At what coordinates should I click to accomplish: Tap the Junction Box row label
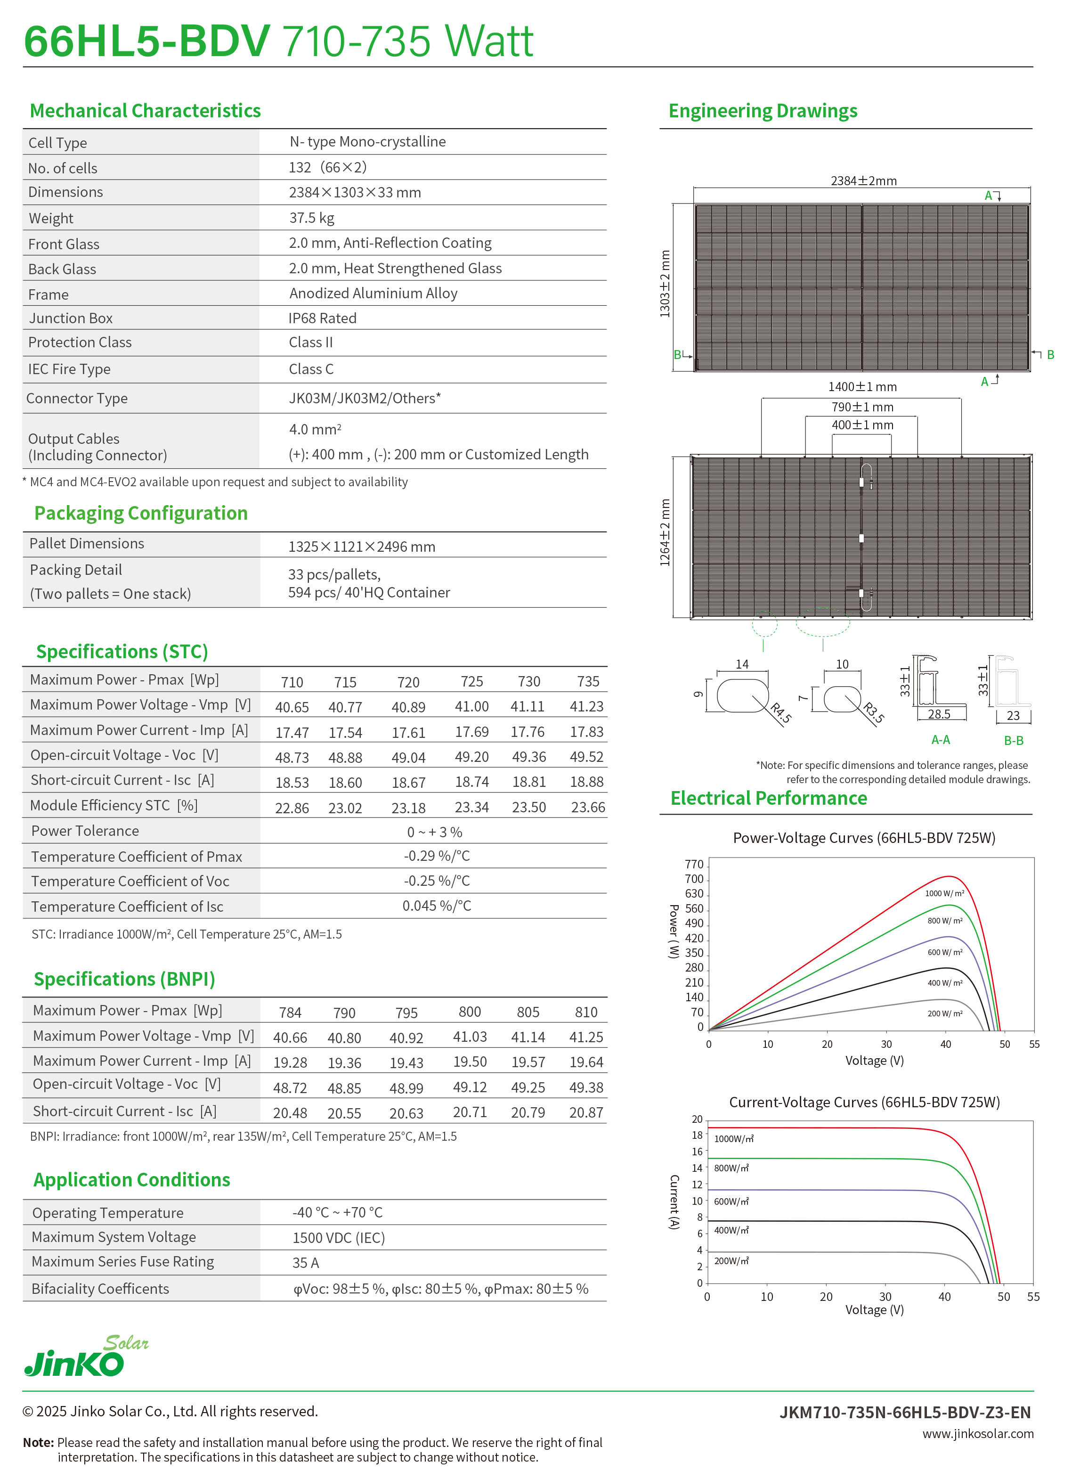pyautogui.click(x=71, y=318)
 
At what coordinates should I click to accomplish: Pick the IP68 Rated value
pyautogui.click(x=322, y=318)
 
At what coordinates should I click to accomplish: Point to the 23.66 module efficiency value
pyautogui.click(x=587, y=807)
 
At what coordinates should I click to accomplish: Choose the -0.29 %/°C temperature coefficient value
pyautogui.click(x=437, y=856)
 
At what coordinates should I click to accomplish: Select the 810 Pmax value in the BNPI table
pyautogui.click(x=585, y=1012)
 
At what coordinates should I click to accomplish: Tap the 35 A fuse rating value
pyautogui.click(x=306, y=1262)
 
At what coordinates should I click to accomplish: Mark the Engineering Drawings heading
pyautogui.click(x=763, y=111)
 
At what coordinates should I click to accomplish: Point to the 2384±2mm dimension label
pyautogui.click(x=863, y=180)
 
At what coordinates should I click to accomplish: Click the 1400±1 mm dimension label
pyautogui.click(x=862, y=387)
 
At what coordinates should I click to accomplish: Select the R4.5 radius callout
pyautogui.click(x=780, y=713)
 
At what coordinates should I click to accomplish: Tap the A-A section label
pyautogui.click(x=941, y=740)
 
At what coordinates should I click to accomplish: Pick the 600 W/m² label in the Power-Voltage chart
pyautogui.click(x=944, y=952)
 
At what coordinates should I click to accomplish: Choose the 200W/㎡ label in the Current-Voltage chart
pyautogui.click(x=731, y=1261)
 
